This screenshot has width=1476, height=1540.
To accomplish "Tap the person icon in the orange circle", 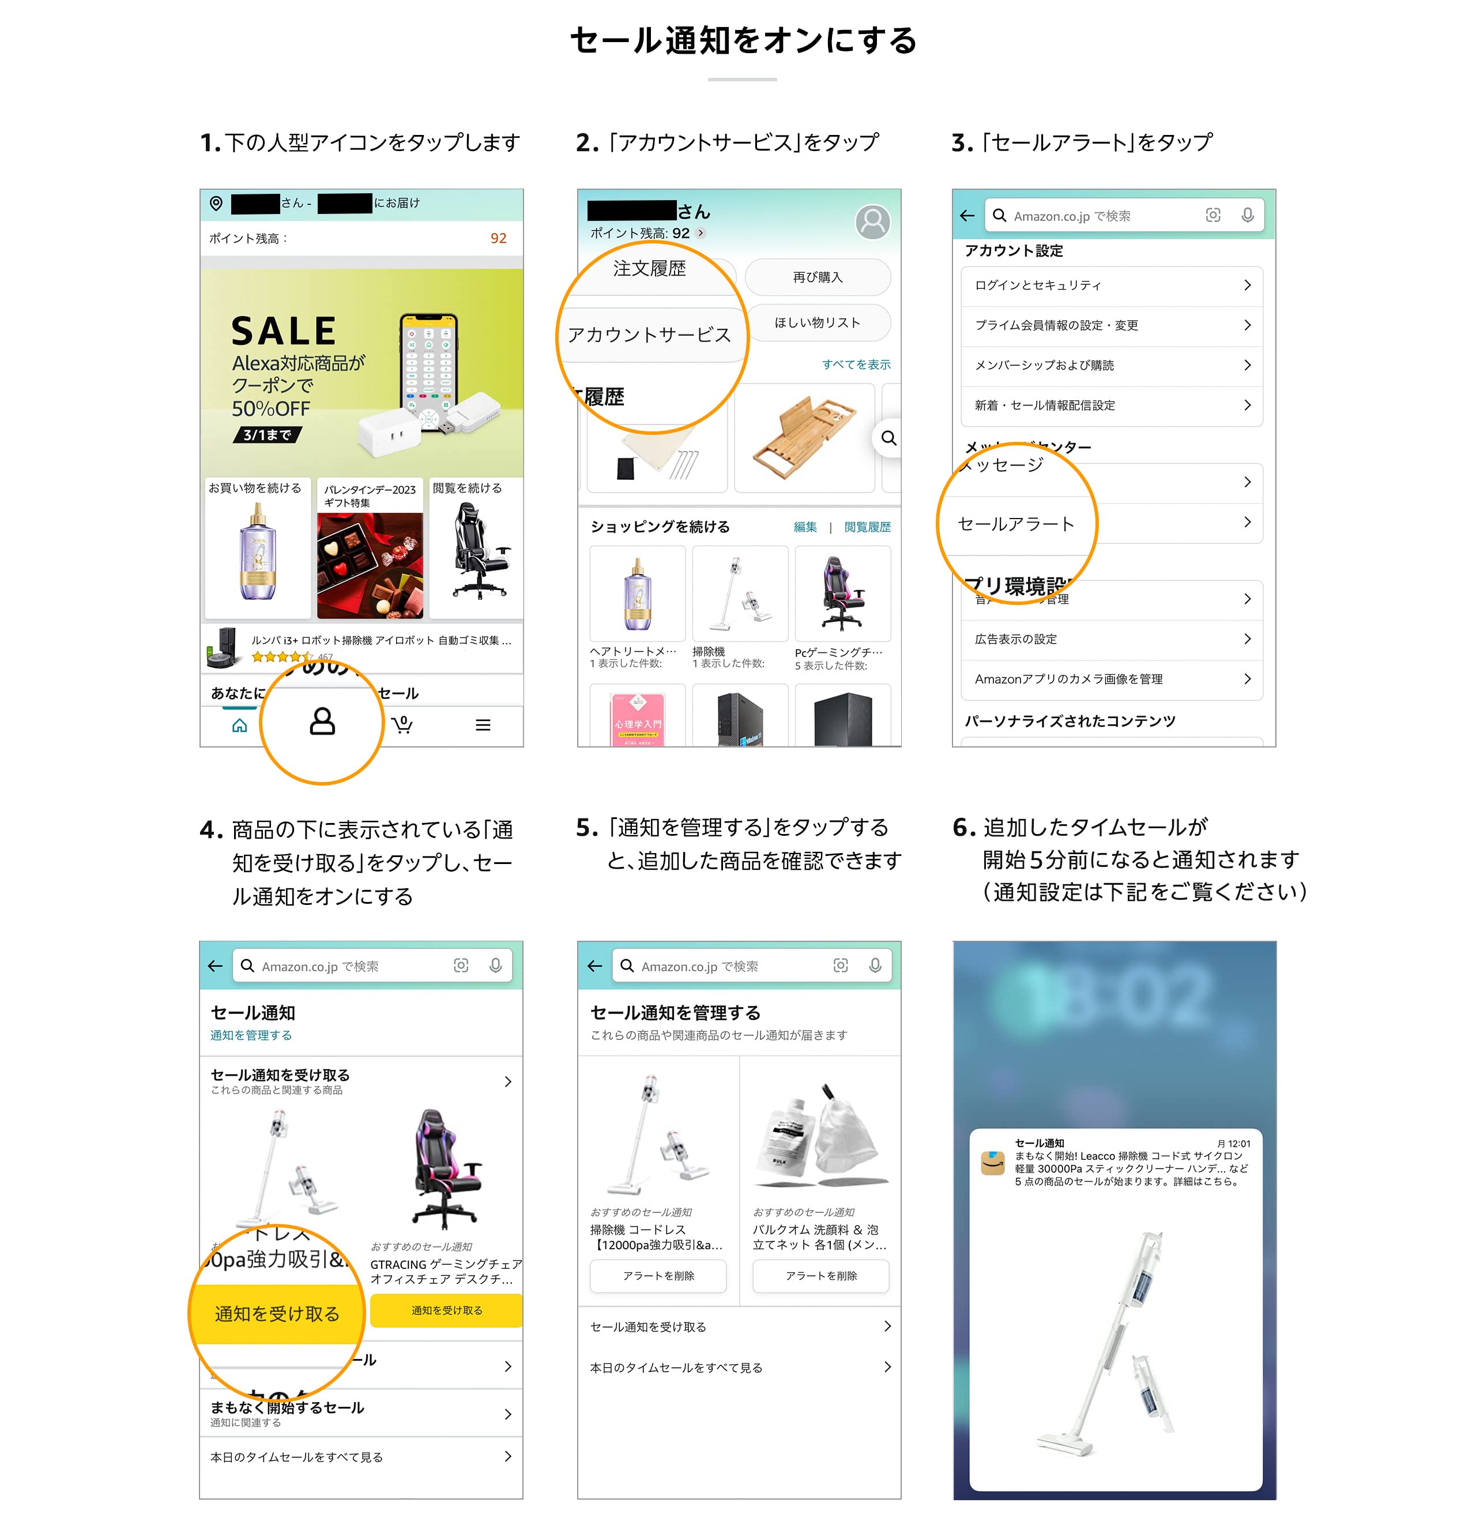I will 322,722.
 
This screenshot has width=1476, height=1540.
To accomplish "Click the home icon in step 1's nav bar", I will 240,725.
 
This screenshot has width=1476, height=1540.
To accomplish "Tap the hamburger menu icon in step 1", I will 483,725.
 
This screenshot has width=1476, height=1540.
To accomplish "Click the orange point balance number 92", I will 498,238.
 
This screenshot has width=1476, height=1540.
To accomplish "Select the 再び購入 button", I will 817,277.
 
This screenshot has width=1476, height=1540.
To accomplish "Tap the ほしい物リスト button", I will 817,323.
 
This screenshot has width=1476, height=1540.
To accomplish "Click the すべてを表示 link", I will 856,365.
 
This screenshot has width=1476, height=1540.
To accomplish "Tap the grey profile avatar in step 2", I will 872,223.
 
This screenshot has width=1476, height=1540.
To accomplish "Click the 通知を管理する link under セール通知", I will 251,1035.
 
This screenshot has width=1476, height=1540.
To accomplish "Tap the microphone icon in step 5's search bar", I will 874,966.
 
